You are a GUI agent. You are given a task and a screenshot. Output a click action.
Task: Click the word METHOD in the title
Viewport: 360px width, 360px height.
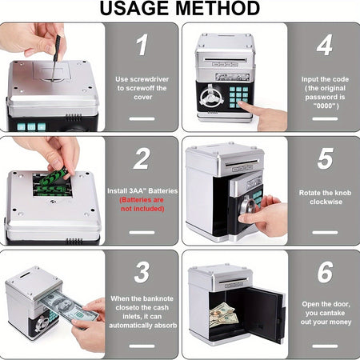[x=216, y=9]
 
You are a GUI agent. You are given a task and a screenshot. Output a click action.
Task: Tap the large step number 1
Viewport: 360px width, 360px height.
[x=142, y=46]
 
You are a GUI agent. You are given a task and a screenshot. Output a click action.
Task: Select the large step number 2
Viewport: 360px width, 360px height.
[x=142, y=158]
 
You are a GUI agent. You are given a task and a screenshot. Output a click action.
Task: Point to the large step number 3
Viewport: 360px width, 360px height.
[x=142, y=272]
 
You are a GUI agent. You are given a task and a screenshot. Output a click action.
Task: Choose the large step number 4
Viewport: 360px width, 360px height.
[x=324, y=46]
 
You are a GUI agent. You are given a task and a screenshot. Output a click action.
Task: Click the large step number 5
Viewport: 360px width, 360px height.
[x=324, y=158]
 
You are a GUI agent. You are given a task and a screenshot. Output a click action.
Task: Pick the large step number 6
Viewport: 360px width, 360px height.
[x=324, y=272]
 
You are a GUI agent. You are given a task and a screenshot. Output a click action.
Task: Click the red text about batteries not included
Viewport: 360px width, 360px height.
[x=142, y=204]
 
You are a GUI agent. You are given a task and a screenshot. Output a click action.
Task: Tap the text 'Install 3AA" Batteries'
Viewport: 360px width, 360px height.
[x=142, y=191]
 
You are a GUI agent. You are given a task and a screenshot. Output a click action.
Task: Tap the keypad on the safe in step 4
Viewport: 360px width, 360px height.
[x=239, y=97]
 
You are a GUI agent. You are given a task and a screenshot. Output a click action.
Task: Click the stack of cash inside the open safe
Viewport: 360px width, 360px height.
[x=222, y=314]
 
